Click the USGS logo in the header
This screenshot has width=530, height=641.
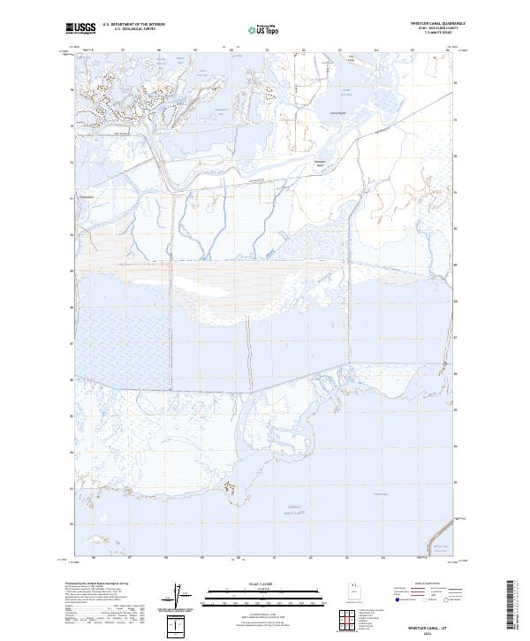[x=80, y=28]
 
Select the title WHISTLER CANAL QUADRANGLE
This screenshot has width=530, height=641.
[x=432, y=24]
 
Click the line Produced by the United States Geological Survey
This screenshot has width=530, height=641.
[x=96, y=584]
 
